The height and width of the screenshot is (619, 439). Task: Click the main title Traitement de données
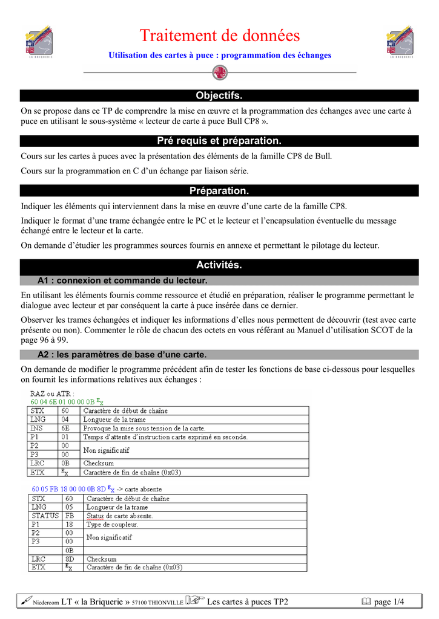click(220, 36)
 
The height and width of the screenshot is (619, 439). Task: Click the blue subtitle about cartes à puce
click(220, 55)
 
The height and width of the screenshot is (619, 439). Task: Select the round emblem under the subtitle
click(220, 73)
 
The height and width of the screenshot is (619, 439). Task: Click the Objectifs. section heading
click(219, 96)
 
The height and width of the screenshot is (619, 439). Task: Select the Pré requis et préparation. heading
click(219, 141)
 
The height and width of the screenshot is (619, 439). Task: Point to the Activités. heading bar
click(219, 265)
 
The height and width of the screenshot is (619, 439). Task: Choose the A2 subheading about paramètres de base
click(122, 354)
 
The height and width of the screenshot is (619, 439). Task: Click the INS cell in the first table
click(38, 428)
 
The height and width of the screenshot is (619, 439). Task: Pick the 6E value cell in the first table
click(66, 428)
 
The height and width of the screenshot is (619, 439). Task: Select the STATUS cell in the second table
click(45, 516)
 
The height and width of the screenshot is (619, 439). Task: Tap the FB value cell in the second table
click(70, 516)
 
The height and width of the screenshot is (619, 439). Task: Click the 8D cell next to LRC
click(70, 559)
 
